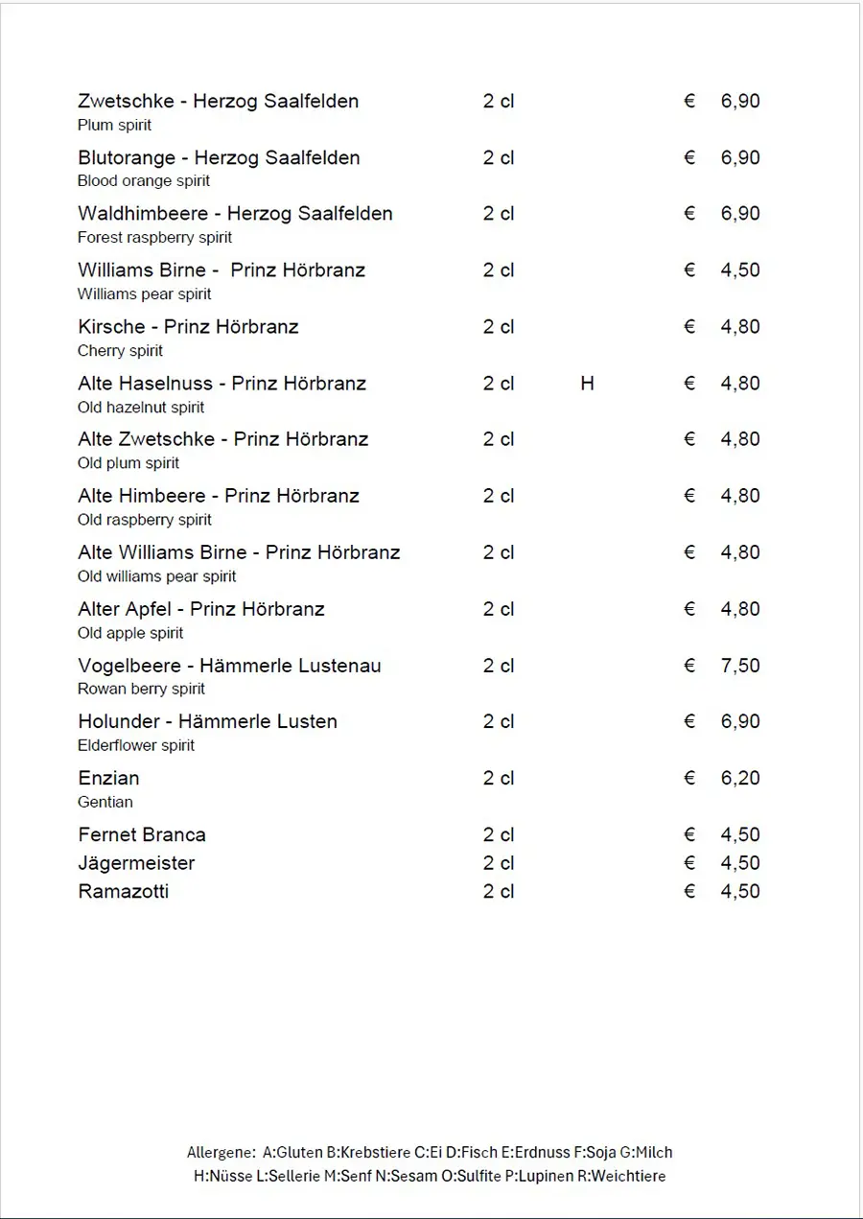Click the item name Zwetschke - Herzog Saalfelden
pos(218,101)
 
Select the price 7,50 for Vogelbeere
pos(740,666)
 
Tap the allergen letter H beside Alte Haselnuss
pos(587,384)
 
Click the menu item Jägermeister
pos(136,863)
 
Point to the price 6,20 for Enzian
pos(740,778)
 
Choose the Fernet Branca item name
pos(142,834)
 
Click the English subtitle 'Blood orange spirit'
pos(144,181)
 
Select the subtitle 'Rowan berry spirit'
pos(141,689)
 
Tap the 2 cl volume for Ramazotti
pos(499,891)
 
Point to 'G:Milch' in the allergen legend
pos(646,1152)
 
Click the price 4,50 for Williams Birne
pos(740,270)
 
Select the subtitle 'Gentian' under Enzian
pos(105,802)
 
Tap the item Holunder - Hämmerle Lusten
pos(207,721)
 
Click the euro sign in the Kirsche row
pos(689,327)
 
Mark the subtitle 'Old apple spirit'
pos(130,633)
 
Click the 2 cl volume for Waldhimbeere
pos(499,214)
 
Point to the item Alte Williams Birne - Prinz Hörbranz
pos(239,552)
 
